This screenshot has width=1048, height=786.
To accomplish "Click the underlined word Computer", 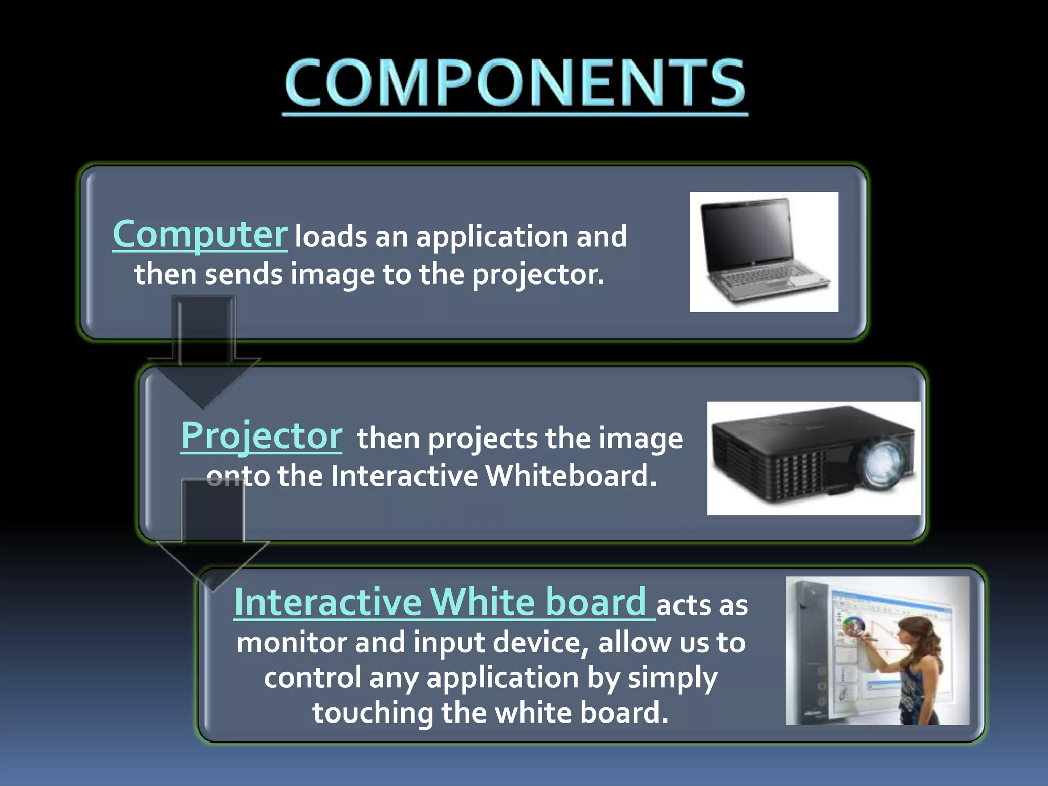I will point(200,234).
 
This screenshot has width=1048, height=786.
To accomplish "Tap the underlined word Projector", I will point(261,436).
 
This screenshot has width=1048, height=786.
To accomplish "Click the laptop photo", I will point(763,252).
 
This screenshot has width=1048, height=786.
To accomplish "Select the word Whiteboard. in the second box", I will point(570,476).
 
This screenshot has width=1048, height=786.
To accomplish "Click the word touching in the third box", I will point(373,713).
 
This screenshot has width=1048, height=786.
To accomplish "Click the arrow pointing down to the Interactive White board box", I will point(212,537).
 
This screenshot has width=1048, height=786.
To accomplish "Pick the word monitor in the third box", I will point(292,643).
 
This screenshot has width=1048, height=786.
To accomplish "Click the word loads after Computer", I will point(331,237).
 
